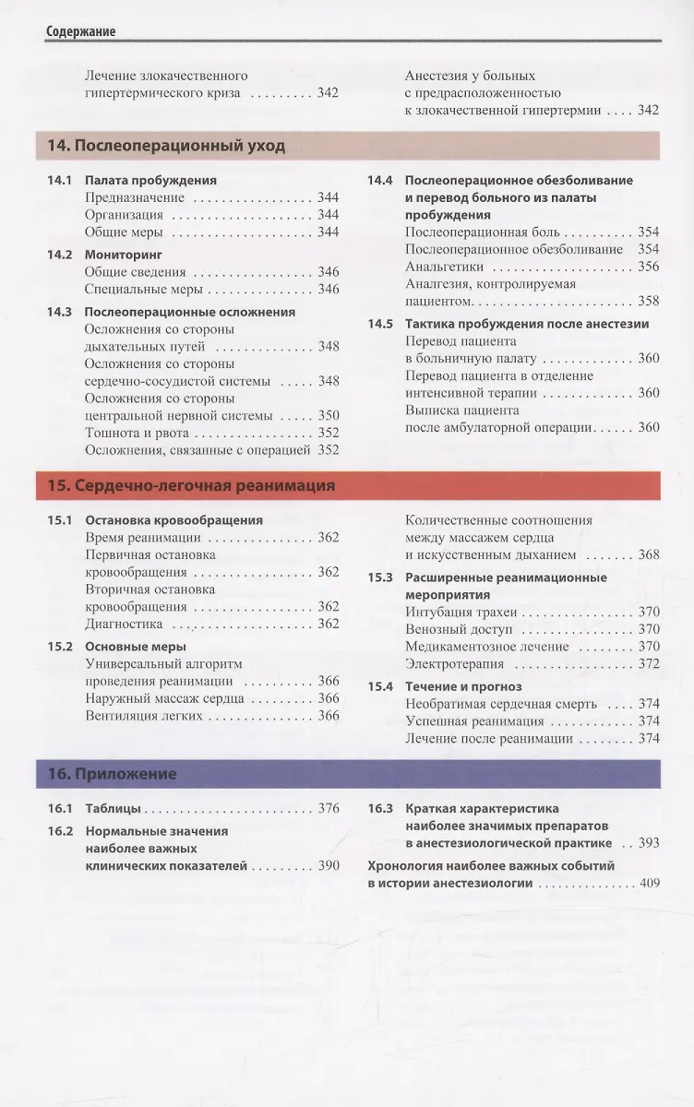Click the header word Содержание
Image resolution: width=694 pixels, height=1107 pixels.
(x=81, y=31)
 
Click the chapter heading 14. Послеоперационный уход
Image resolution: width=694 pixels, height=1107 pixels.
(x=166, y=146)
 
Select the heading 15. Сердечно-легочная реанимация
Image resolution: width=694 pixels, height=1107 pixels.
(x=191, y=485)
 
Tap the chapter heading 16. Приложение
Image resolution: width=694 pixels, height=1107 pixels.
(x=112, y=774)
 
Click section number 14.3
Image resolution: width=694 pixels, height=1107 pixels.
(x=59, y=312)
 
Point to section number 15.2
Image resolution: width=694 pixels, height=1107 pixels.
(x=59, y=647)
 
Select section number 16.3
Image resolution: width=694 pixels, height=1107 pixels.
(x=380, y=808)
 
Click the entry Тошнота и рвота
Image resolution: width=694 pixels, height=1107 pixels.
(x=137, y=433)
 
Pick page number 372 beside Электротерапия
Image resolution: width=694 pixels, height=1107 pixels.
(x=649, y=664)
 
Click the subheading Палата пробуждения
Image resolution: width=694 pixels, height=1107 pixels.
(x=150, y=181)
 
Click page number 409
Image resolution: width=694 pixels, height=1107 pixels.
(x=649, y=884)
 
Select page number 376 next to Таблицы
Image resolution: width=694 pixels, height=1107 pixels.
(x=328, y=808)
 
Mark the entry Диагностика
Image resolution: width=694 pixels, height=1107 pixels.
(x=124, y=624)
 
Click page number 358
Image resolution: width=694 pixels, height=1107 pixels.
(x=649, y=301)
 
